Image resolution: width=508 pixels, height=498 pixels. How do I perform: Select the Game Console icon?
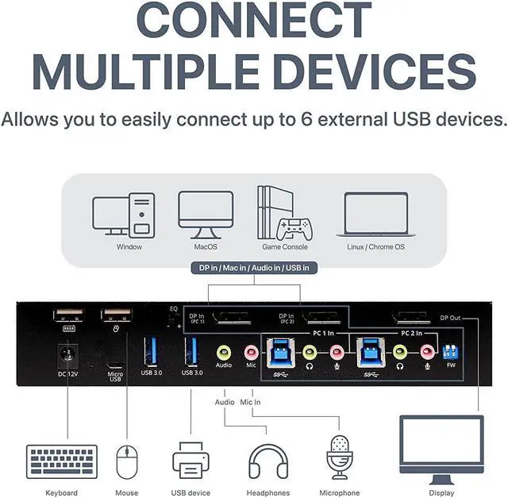283,213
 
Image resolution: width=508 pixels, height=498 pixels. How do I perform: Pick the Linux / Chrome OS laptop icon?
375,213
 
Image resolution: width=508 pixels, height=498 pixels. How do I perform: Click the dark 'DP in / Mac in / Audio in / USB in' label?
254,268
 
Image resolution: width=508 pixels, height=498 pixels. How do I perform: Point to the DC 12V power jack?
67,351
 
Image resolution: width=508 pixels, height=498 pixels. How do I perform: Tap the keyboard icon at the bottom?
62,461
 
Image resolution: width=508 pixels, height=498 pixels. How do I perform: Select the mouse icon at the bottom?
126,461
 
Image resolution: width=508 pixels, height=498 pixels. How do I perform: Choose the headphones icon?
267,461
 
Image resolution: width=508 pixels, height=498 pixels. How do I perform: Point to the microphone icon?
339,457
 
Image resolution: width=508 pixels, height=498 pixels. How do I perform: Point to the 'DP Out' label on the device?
450,318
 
